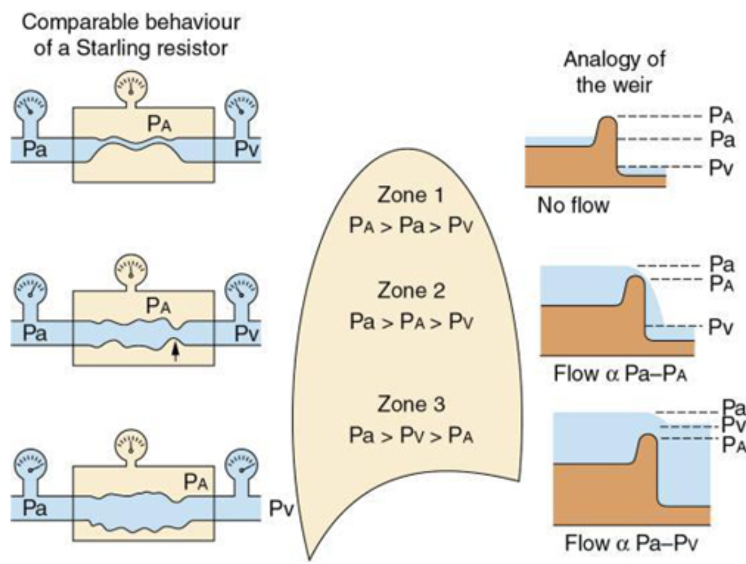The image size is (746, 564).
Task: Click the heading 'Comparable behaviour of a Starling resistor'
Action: coord(130,35)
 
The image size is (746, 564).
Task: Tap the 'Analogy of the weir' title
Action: coord(614,72)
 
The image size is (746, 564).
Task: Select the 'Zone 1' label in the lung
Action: coord(410,195)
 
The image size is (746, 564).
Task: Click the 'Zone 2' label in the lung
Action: coord(411,291)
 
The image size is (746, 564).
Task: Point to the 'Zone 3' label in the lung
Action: coord(411,404)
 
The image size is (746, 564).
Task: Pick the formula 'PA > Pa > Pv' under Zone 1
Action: coord(411,226)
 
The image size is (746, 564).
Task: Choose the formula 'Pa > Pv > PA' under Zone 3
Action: coord(411,435)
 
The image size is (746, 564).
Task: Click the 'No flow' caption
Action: coord(573,205)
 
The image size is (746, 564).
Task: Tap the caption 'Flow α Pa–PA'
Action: coord(620,374)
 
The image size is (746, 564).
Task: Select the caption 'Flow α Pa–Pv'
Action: coord(631,543)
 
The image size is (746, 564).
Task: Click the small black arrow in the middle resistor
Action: coord(175,351)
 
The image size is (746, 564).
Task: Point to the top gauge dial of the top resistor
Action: coord(131,87)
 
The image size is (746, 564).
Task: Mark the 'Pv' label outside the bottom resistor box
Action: coord(281,508)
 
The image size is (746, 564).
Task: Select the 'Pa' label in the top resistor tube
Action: coord(35,149)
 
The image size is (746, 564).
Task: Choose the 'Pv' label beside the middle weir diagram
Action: coord(721,327)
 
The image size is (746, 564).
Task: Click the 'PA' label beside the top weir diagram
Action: coord(721,115)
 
